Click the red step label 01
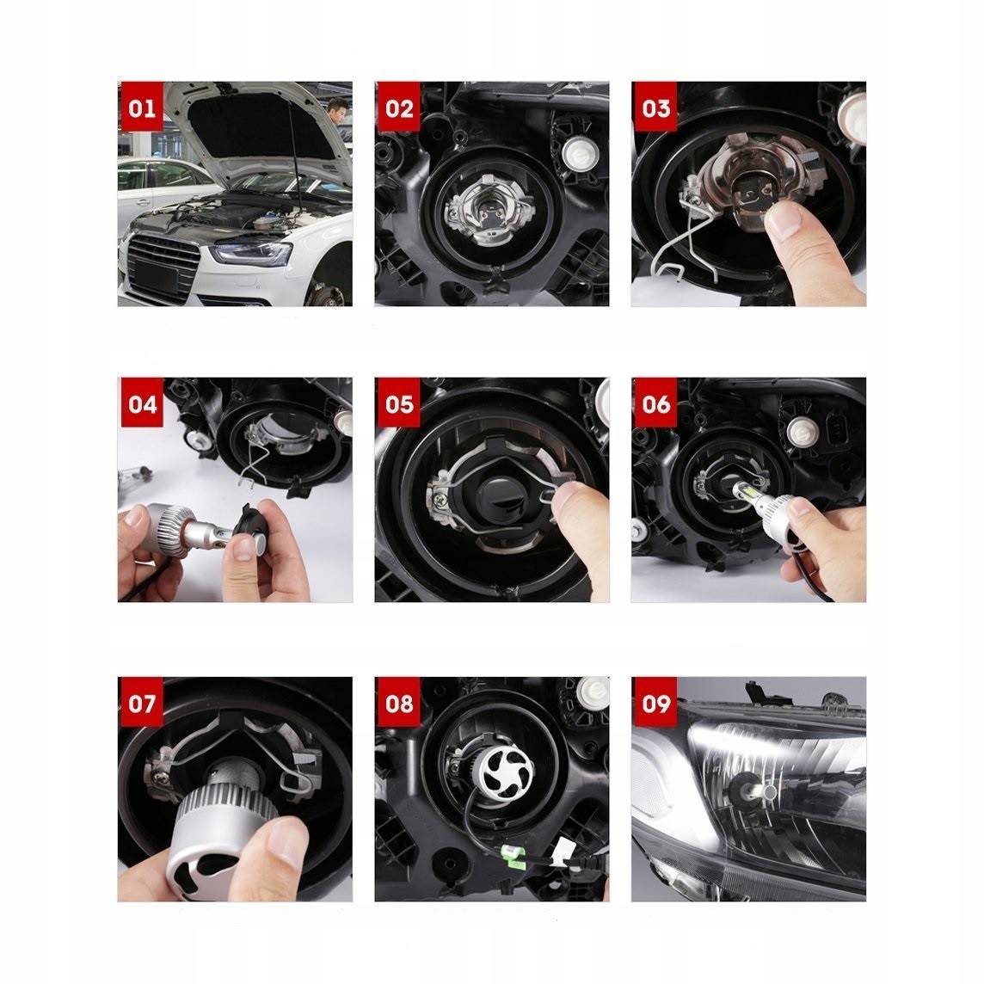[x=142, y=107]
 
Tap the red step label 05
[x=399, y=403]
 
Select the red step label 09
[x=655, y=702]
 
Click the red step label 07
[x=142, y=702]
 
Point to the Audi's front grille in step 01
[x=162, y=267]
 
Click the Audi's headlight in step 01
[x=251, y=254]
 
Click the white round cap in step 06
[x=803, y=432]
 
